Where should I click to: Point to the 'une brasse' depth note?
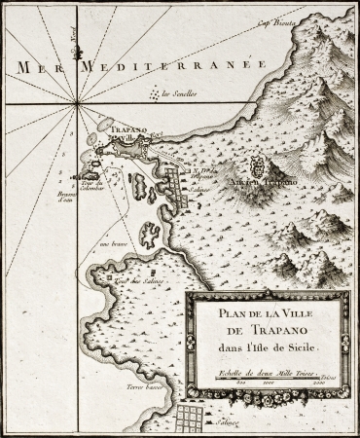[121, 246]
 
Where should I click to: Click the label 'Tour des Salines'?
[135, 280]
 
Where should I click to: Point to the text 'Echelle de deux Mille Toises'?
[260, 372]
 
